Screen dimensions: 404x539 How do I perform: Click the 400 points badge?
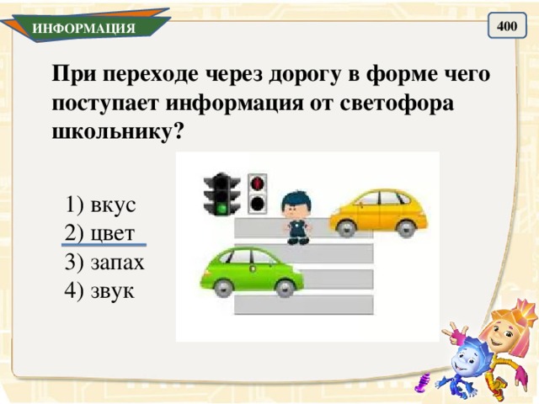tap(506, 27)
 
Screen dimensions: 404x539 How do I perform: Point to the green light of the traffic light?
tap(222, 205)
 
